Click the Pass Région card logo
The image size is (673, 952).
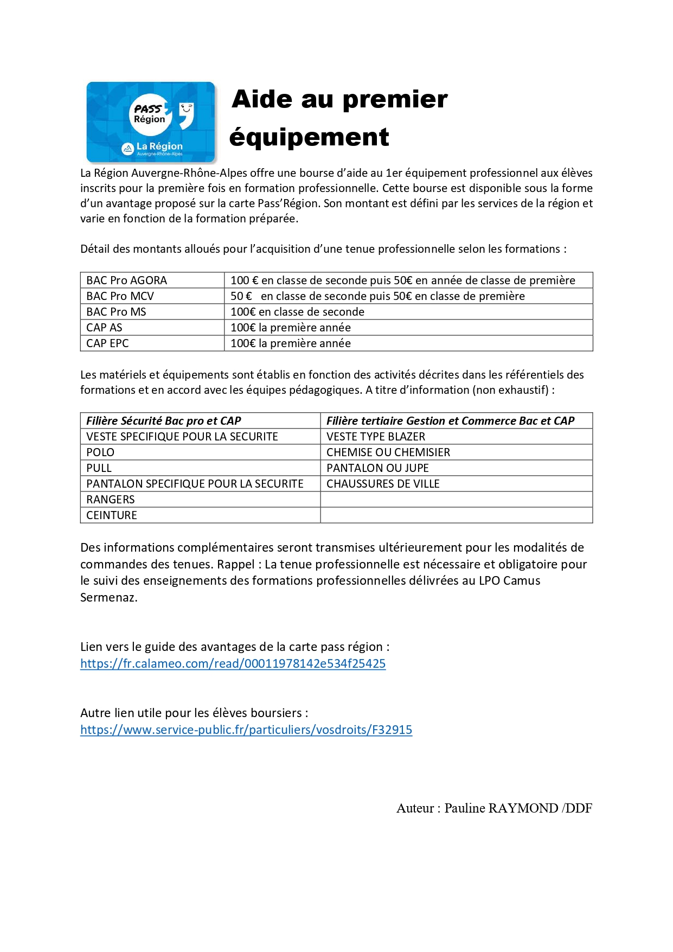tap(151, 122)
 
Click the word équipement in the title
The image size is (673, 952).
tap(309, 137)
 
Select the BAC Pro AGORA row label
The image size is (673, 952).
tap(127, 280)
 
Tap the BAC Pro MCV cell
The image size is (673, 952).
tap(120, 296)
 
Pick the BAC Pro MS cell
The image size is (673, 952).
tap(117, 312)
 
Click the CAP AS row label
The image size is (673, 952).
tap(105, 328)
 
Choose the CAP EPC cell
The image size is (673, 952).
tap(108, 343)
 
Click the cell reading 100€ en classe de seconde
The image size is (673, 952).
tap(297, 312)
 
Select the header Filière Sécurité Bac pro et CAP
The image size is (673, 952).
tap(164, 421)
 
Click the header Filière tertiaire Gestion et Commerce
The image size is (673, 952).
tap(450, 421)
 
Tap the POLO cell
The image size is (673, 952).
tap(100, 452)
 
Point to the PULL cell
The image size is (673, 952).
tap(99, 468)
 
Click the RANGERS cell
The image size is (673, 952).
tap(111, 500)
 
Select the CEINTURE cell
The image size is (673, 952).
tap(112, 515)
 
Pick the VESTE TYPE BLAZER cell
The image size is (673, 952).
tap(376, 437)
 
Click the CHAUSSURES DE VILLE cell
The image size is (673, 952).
tap(383, 484)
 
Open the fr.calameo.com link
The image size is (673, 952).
tap(233, 663)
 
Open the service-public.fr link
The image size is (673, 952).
tap(246, 730)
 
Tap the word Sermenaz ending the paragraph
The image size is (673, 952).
tap(108, 598)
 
